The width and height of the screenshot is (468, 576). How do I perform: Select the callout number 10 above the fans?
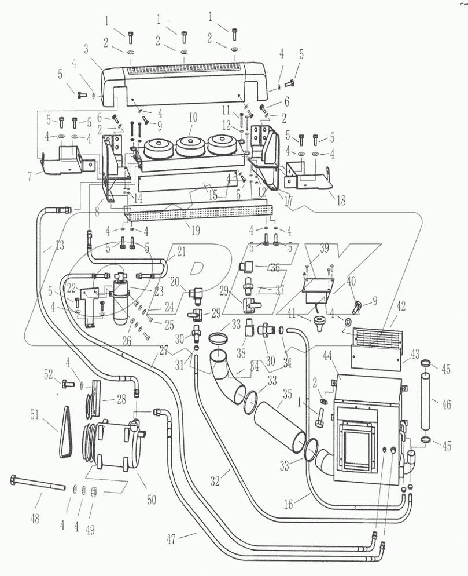pos(193,117)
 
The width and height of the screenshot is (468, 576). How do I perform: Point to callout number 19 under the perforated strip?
pos(195,231)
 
